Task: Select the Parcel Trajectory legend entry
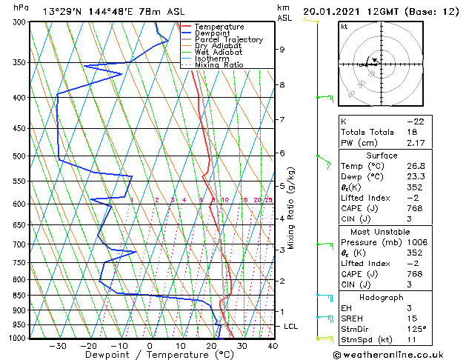[x=228, y=40]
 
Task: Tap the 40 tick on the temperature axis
[x=273, y=346]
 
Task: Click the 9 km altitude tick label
[x=282, y=50]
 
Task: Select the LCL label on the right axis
[x=292, y=327]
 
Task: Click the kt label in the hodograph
[x=344, y=26]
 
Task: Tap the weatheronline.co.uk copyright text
[x=398, y=353]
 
